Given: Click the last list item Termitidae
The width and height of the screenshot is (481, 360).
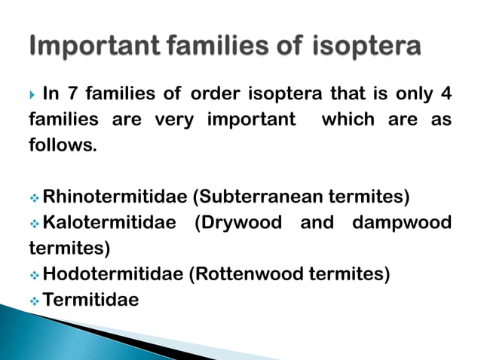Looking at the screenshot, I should pos(91,300).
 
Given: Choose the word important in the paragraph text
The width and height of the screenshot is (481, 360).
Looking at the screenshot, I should pos(244,120).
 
